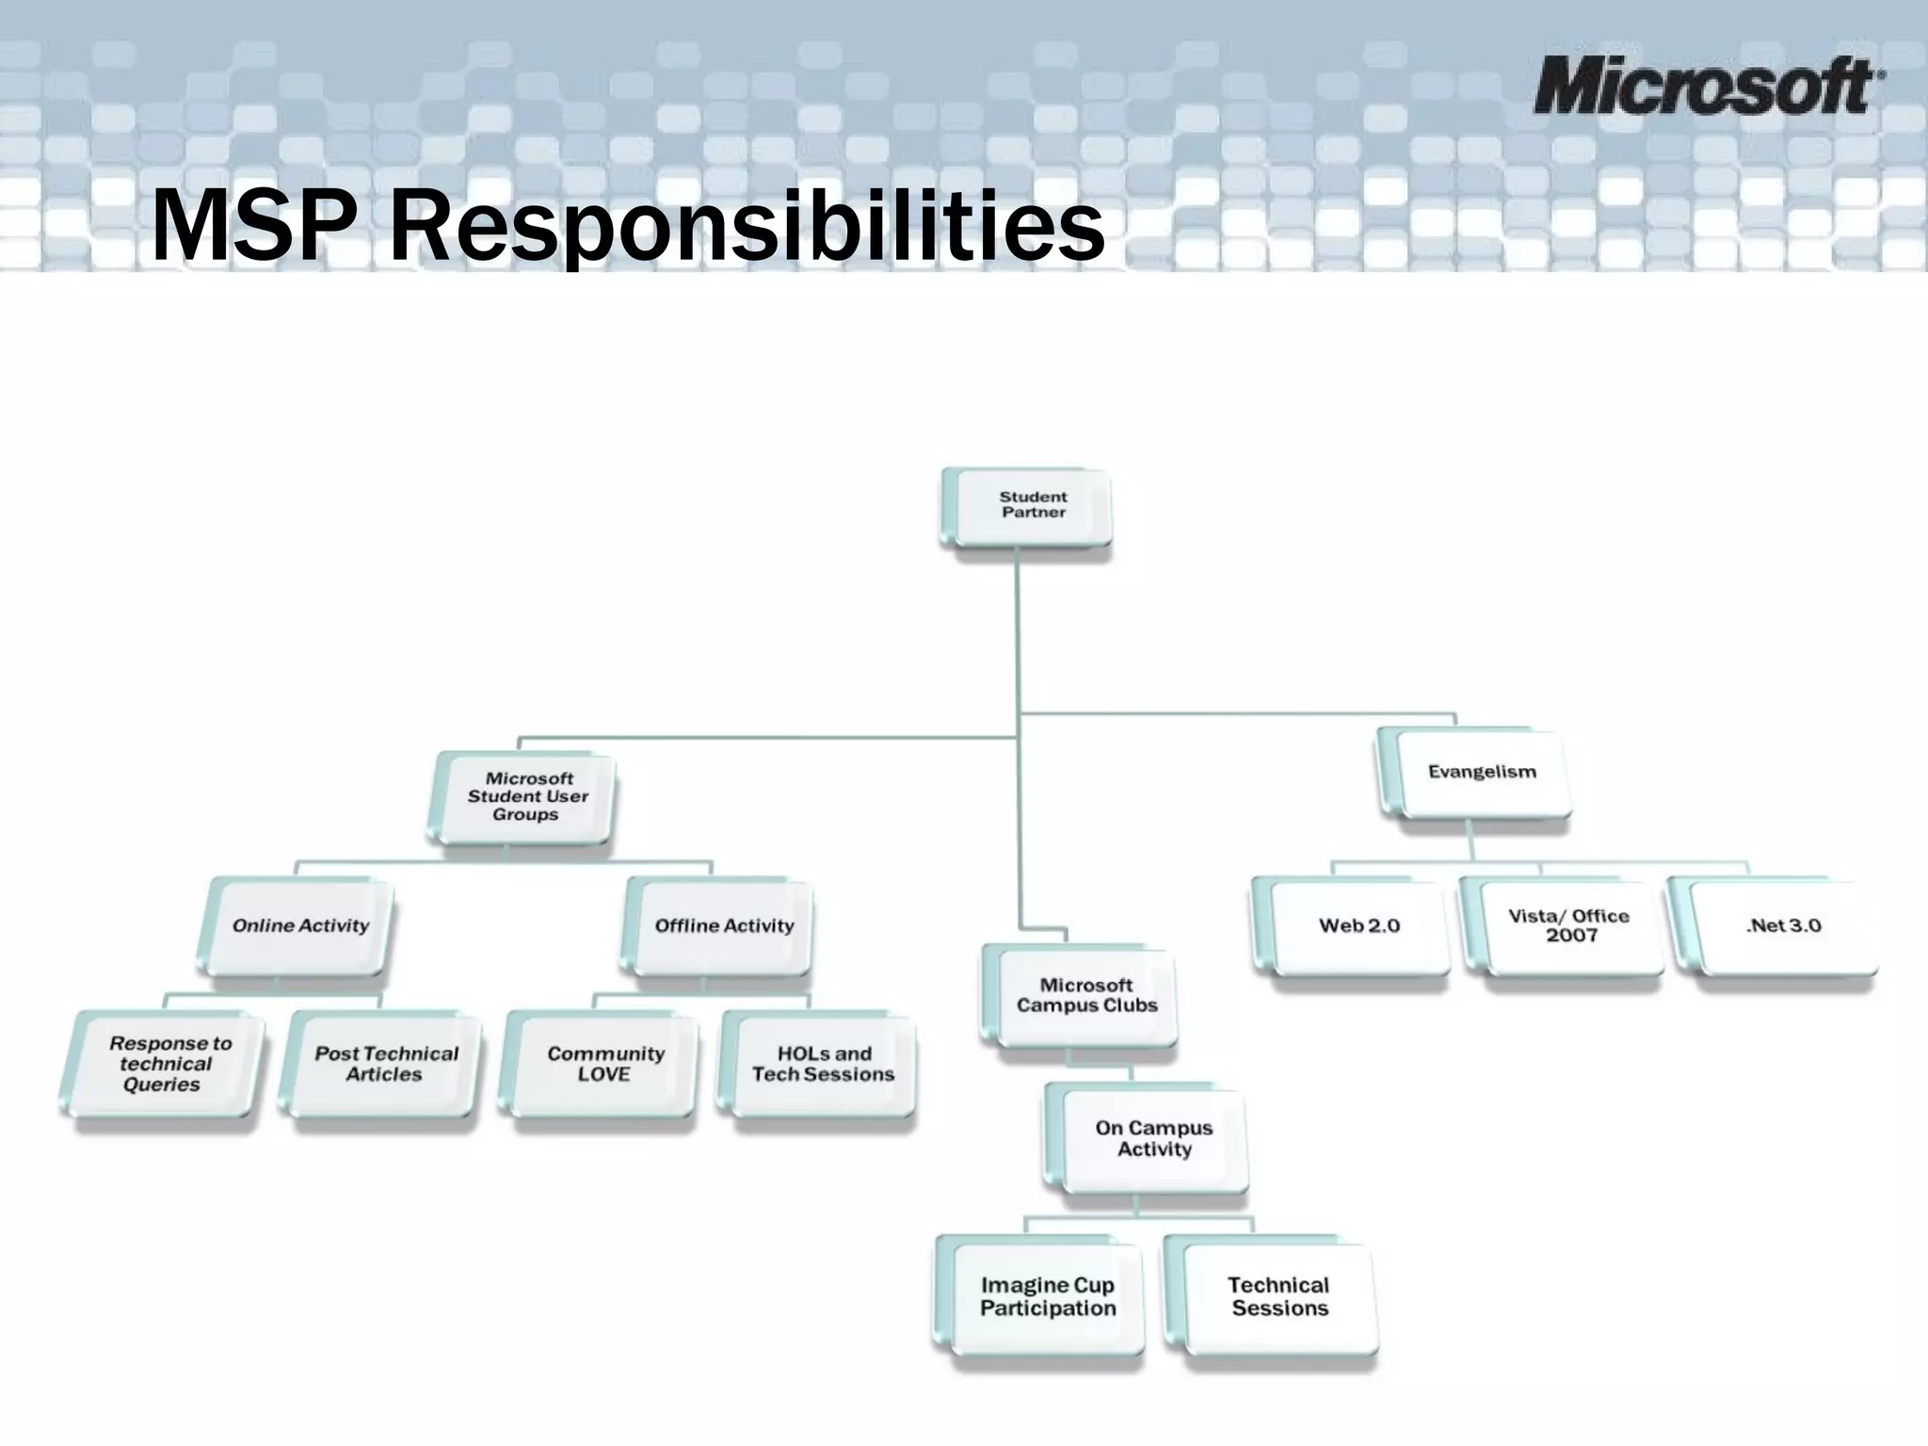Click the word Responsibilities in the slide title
click(746, 226)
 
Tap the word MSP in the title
click(254, 226)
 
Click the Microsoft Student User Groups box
click(526, 796)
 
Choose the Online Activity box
click(299, 926)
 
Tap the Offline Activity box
click(722, 926)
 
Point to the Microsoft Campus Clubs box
click(1084, 996)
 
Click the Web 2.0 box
click(1358, 926)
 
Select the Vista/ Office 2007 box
click(1567, 926)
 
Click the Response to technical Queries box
click(166, 1064)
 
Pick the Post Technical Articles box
click(385, 1065)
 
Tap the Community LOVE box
click(604, 1065)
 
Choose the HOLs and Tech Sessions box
click(822, 1065)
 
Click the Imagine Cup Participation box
click(1046, 1297)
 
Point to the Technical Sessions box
click(1277, 1297)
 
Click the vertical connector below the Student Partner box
click(1017, 640)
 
